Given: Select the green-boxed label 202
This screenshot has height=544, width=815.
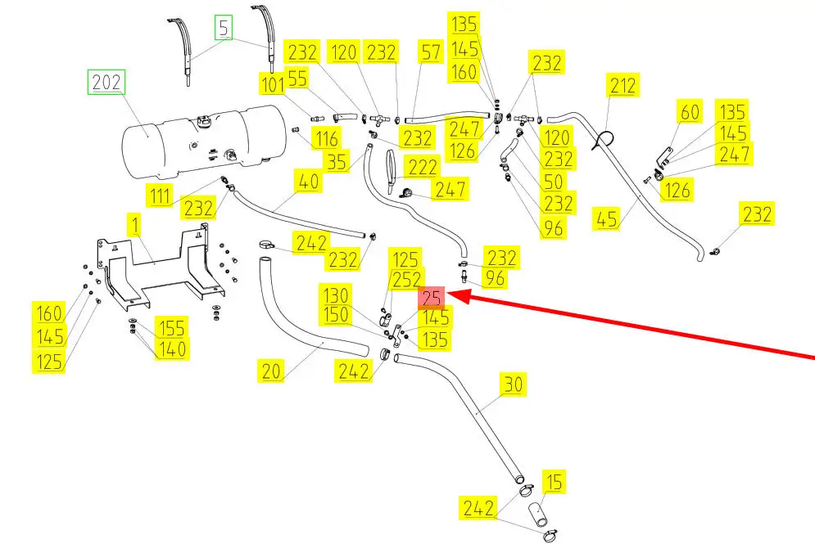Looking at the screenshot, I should pos(106,82).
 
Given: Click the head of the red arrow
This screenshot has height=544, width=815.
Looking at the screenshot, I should pos(452,299).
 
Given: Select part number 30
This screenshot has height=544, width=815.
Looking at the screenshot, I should pos(513,384).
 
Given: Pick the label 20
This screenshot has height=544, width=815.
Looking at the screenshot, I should pos(272,371).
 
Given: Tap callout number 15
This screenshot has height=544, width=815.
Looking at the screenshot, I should pos(555,482).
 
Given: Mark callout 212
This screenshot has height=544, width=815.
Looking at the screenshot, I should pos(623,84).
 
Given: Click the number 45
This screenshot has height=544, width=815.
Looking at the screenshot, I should pos(608,220).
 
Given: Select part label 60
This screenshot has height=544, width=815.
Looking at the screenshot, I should pos(690,111).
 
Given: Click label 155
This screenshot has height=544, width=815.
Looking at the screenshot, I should pos(172,328).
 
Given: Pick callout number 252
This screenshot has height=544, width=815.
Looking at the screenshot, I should pos(407,281).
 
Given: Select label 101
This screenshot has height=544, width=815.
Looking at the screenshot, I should pos(272,84).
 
